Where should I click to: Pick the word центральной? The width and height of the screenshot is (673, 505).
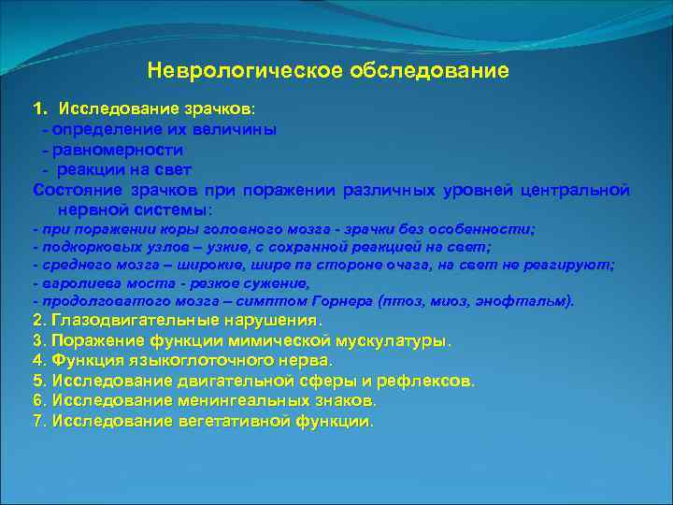[x=573, y=191]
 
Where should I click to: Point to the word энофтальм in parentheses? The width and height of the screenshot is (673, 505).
[x=536, y=302]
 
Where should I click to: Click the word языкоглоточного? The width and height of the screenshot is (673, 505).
[x=186, y=360]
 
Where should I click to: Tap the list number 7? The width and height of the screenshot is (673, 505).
[x=37, y=421]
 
